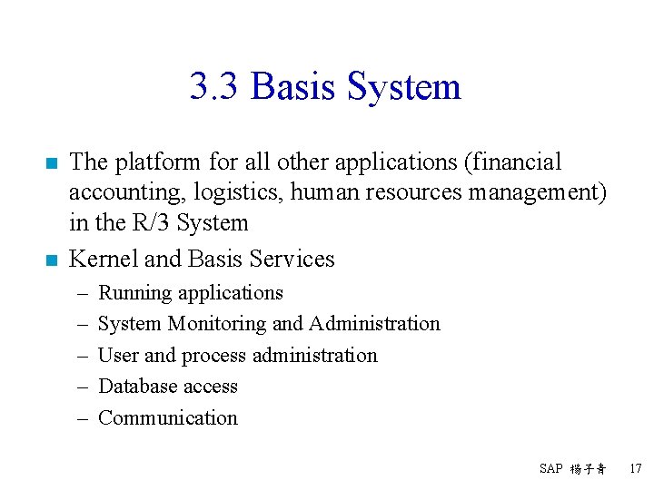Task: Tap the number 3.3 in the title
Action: [215, 87]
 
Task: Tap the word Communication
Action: [167, 418]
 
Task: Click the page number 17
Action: [635, 469]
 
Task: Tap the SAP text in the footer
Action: [550, 469]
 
